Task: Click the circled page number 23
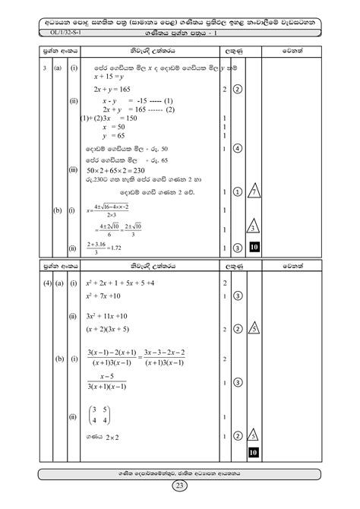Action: pos(180,486)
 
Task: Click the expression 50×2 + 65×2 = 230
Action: pos(122,172)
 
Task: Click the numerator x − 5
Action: pos(117,376)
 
